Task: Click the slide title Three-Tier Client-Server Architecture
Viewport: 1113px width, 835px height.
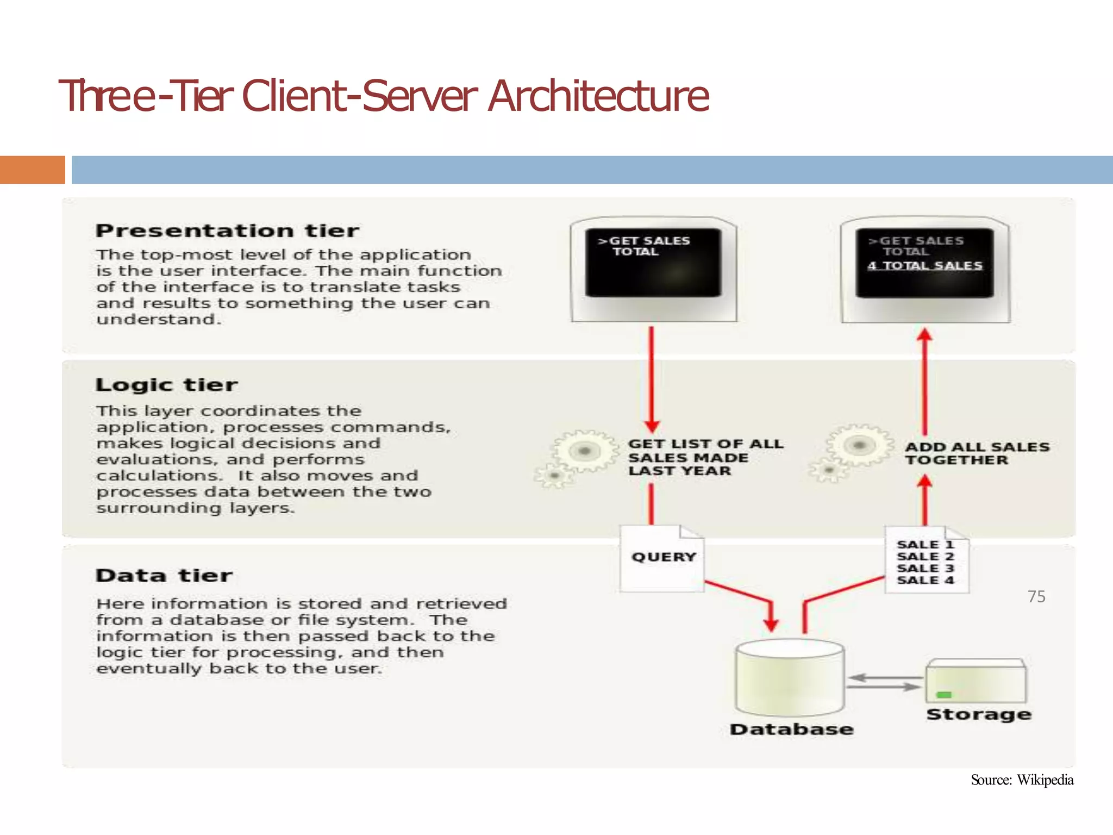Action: coord(383,96)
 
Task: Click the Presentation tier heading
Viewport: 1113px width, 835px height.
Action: coord(227,231)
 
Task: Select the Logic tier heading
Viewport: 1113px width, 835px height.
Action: coord(166,385)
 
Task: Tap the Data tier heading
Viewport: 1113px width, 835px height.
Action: coord(164,576)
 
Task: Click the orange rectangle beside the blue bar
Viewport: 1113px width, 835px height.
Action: coord(32,170)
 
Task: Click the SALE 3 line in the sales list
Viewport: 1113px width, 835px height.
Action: coord(925,568)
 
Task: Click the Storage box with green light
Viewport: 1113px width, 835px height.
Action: coord(976,682)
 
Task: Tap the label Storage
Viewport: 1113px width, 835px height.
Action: coord(979,714)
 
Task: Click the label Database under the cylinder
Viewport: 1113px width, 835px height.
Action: coord(791,730)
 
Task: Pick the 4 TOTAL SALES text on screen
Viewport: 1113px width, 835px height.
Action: coord(925,266)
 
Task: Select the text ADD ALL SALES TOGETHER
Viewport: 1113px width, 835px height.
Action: coord(977,453)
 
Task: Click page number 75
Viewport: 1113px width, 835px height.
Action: coord(1036,597)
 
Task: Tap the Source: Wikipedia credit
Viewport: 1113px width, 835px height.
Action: coord(1022,780)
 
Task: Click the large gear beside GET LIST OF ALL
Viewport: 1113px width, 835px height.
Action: coord(584,451)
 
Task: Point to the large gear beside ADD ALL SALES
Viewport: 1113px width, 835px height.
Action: coord(859,445)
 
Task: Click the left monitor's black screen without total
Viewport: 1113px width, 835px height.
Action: coord(653,263)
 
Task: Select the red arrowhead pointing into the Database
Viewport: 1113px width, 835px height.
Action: coord(771,624)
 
